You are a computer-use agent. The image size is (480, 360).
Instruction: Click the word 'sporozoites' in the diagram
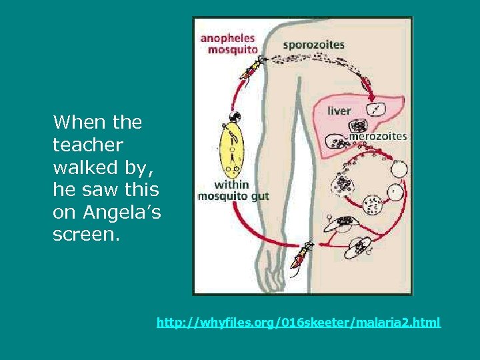pyautogui.click(x=313, y=45)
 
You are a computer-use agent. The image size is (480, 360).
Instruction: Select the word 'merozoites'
pyautogui.click(x=378, y=136)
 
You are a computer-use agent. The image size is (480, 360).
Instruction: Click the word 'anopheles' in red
pyautogui.click(x=227, y=37)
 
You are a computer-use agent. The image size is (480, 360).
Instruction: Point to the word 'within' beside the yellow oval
pyautogui.click(x=231, y=185)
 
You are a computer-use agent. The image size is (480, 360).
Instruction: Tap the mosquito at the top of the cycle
pyautogui.click(x=252, y=67)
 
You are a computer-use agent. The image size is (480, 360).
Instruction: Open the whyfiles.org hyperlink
pyautogui.click(x=298, y=323)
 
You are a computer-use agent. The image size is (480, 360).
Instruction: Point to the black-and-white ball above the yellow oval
pyautogui.click(x=234, y=117)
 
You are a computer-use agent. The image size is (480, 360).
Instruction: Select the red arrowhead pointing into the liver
pyautogui.click(x=366, y=83)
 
